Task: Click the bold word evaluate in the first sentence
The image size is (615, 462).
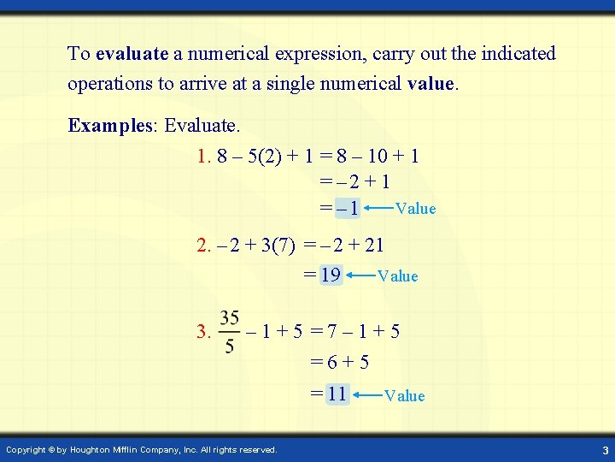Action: [132, 54]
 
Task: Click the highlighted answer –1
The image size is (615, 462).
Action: [348, 209]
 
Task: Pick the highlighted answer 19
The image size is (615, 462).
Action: [331, 275]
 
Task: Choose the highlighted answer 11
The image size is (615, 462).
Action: [337, 394]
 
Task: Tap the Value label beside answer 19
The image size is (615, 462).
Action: [397, 275]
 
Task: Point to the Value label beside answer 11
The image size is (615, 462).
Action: [404, 395]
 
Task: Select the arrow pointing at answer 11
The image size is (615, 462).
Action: [366, 394]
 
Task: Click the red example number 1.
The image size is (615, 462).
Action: [203, 157]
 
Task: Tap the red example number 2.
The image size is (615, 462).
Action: [203, 246]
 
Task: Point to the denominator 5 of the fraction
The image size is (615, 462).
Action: [229, 346]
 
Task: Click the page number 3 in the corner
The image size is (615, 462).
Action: [605, 450]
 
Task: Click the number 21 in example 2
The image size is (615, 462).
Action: [373, 246]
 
